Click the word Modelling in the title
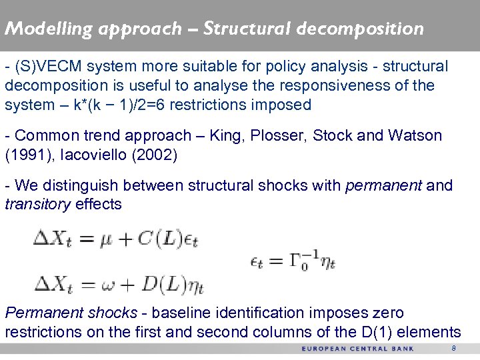(40, 29)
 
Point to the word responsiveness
(317, 85)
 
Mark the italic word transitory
(37, 204)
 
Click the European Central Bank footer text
(357, 349)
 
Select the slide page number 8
(453, 349)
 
